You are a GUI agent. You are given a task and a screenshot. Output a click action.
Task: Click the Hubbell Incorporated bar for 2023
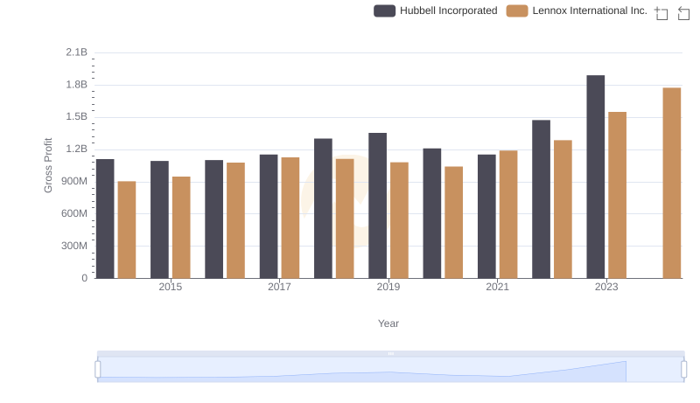[595, 177]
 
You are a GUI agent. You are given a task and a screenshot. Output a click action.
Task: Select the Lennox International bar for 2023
[617, 195]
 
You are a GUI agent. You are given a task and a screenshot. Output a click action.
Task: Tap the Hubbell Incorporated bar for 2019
[377, 205]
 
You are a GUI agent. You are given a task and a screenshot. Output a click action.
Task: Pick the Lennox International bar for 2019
[399, 220]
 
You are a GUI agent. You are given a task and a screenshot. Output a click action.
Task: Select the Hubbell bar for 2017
[269, 217]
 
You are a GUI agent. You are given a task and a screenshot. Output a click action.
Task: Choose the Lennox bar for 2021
[508, 214]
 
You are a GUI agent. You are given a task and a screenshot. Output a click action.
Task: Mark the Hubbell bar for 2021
[486, 217]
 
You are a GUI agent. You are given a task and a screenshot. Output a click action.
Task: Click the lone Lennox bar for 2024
[671, 183]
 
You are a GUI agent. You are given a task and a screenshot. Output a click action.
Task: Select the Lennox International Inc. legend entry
[577, 10]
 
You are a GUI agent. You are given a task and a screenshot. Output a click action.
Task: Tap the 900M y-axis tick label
[73, 182]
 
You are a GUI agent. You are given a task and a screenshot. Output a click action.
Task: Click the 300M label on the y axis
[73, 246]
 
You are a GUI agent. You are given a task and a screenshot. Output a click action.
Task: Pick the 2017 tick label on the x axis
[279, 287]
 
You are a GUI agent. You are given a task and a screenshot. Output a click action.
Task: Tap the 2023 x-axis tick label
[606, 287]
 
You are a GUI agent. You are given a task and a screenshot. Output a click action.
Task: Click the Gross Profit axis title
[49, 165]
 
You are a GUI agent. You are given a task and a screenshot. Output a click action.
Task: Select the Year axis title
[388, 323]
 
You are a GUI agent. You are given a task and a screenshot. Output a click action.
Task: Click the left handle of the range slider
[98, 370]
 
